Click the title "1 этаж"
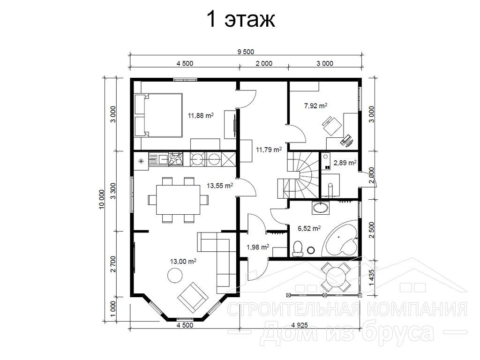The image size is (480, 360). click(241, 19)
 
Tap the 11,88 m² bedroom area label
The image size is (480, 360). click(201, 115)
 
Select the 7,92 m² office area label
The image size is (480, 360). click(315, 106)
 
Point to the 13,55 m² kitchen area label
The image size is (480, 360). click(220, 186)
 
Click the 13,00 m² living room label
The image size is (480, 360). click(183, 262)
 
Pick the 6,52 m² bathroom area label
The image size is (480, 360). click(309, 228)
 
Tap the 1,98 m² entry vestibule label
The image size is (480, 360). click(258, 247)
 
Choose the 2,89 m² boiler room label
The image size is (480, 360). click(345, 163)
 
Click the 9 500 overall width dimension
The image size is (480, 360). click(246, 52)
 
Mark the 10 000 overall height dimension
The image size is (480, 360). click(102, 199)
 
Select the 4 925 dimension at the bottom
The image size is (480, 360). click(300, 325)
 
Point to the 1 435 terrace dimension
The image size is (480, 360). click(372, 277)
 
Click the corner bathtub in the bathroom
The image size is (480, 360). click(341, 237)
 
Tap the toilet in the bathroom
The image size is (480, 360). click(297, 248)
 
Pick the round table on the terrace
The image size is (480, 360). click(336, 277)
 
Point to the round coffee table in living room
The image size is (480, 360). click(175, 275)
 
